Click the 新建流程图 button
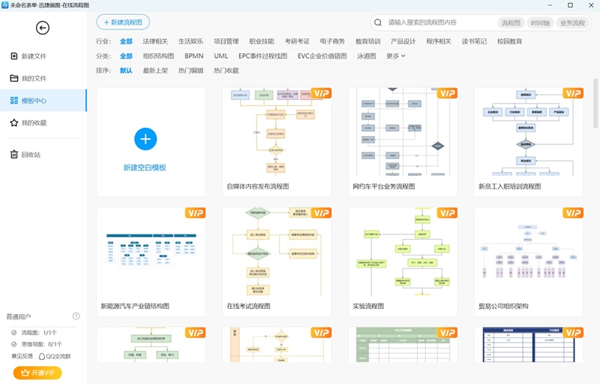tap(122, 23)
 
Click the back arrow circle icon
tap(43, 28)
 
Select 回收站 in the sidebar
tap(31, 155)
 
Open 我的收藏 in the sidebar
tap(33, 122)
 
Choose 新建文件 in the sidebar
tap(33, 56)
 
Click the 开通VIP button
tap(37, 373)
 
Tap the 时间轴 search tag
tap(540, 23)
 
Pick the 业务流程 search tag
tap(572, 23)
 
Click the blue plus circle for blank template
tap(145, 139)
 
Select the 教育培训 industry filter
tap(367, 41)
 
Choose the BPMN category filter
tap(193, 56)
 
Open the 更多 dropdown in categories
tap(395, 56)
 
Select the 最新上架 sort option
tap(155, 71)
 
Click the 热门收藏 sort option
tap(226, 71)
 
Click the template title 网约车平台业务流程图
tap(383, 186)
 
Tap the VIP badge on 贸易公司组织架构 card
tap(572, 213)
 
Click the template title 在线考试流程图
tap(248, 306)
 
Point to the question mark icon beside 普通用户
tap(76, 316)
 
